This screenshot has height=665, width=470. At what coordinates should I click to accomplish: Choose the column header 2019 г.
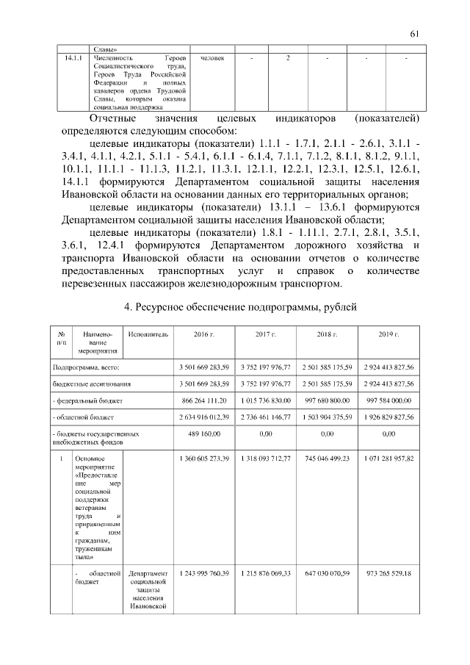(388, 334)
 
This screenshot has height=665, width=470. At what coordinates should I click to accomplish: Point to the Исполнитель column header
(148, 334)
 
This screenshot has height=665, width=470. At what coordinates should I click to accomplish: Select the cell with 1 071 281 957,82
(388, 459)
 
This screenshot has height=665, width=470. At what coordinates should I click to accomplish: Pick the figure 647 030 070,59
(327, 572)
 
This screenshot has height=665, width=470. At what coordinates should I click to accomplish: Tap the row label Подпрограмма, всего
(85, 367)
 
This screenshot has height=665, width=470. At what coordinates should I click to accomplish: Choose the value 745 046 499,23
(327, 459)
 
